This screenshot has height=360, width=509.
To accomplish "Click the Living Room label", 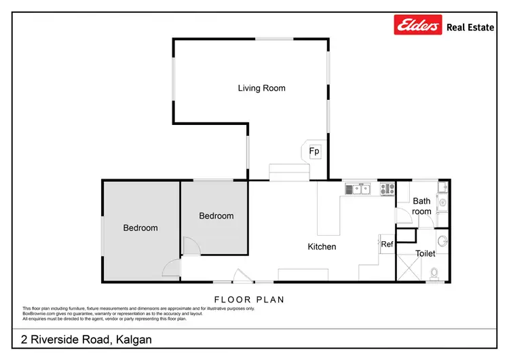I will pos(261,88).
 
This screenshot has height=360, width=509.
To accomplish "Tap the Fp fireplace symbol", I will pos(314,151).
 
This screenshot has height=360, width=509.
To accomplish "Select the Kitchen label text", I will pos(322,247).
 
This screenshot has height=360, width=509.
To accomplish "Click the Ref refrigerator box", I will pos(387,244).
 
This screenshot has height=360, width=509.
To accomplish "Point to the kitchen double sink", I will pos(358,190).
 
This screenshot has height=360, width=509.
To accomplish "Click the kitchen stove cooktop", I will pos(388,190).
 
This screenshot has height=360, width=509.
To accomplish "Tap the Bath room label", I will pos(421,206).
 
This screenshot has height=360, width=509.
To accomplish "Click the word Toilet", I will pos(426,253).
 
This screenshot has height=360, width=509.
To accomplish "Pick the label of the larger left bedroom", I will pos(140,228).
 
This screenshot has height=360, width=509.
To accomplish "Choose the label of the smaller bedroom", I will pos(216,216).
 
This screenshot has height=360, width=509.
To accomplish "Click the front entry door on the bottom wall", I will pos(240,277).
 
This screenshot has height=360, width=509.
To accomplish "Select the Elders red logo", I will pos(417,26).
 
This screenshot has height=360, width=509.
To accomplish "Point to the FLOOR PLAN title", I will pos(249,299).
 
